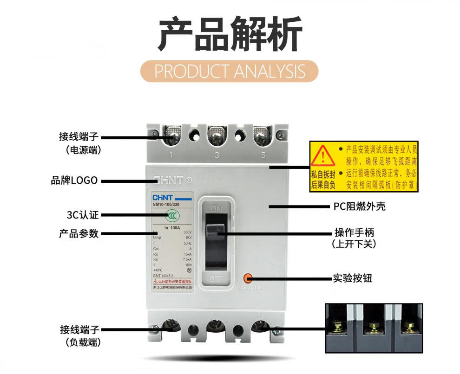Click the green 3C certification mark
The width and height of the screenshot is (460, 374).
point(173,215)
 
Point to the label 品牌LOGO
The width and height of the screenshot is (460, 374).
point(74,181)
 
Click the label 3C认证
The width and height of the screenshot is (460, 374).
point(83,215)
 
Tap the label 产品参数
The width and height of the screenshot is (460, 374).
point(79,234)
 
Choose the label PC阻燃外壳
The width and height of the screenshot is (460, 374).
point(359,206)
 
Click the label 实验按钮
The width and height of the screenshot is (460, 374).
point(352,278)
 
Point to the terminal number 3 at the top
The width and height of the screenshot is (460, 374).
point(217,155)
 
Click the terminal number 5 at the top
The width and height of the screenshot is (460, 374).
point(263,155)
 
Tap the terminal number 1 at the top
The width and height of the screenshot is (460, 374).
point(171,155)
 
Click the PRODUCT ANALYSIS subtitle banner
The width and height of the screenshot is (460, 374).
point(230,71)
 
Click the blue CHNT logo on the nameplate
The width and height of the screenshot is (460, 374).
point(163,197)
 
